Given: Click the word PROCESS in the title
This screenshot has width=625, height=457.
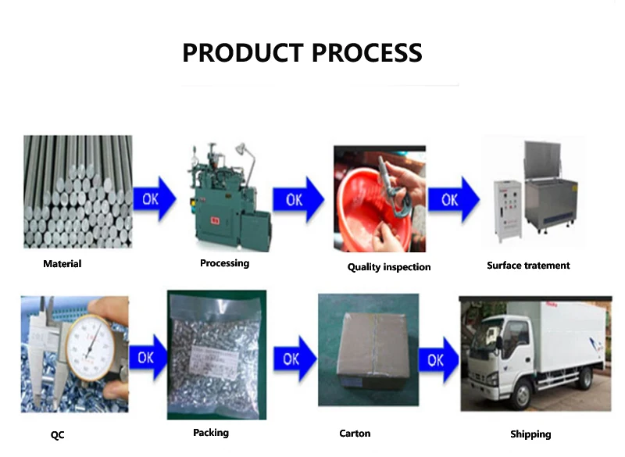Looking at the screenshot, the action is [367, 53].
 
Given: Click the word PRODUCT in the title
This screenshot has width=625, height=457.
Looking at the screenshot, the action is [243, 53].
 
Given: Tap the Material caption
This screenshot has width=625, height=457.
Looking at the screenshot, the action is [62, 264].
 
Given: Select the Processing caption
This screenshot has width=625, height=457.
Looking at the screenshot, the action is [224, 263].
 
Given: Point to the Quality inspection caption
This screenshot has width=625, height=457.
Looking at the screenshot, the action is [389, 267].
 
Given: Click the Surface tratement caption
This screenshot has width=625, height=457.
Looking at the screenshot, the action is [528, 266].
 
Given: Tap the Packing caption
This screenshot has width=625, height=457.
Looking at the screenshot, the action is [211, 432].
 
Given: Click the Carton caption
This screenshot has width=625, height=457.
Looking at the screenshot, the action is [355, 433].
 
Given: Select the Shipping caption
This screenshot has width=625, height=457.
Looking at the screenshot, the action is [530, 434].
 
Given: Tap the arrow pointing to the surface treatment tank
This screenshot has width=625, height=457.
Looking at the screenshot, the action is [452, 200].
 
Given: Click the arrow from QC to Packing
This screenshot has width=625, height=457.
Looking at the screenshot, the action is [148, 358].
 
